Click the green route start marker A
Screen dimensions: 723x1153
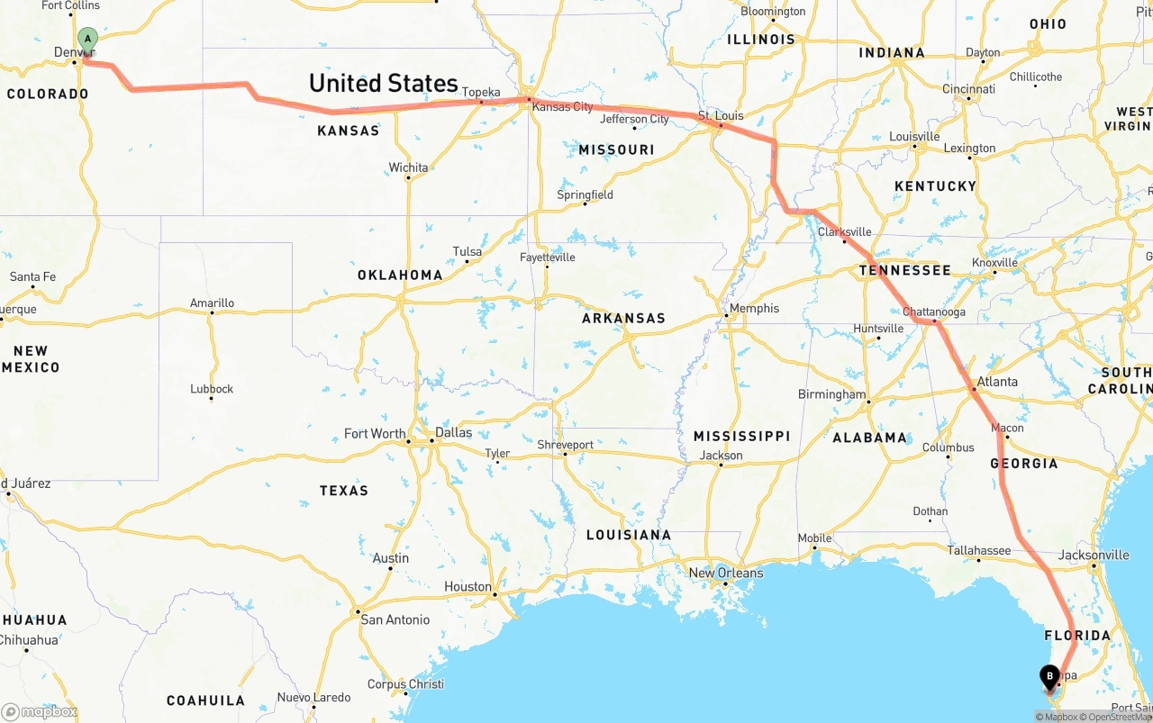tap(87, 40)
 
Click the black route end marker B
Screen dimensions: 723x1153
tap(1049, 676)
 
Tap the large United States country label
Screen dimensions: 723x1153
tap(384, 84)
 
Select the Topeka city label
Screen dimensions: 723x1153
tap(481, 92)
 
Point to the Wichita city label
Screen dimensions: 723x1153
tap(408, 167)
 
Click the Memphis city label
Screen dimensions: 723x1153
tap(754, 308)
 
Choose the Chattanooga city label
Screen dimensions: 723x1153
tap(934, 312)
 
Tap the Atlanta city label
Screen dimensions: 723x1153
tap(997, 382)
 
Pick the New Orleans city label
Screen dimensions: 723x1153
tap(725, 573)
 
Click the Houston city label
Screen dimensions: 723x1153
tap(468, 586)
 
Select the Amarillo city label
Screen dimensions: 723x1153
tap(212, 303)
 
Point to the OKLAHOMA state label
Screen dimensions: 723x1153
tap(400, 276)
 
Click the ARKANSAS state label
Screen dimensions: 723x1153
tap(623, 318)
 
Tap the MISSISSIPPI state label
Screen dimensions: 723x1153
tap(741, 436)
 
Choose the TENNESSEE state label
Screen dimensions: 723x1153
tap(904, 270)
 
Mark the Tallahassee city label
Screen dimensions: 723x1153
tap(978, 550)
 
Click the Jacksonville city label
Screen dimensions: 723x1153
tap(1093, 555)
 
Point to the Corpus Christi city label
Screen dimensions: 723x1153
tap(405, 684)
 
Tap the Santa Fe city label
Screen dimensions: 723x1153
tap(32, 276)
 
